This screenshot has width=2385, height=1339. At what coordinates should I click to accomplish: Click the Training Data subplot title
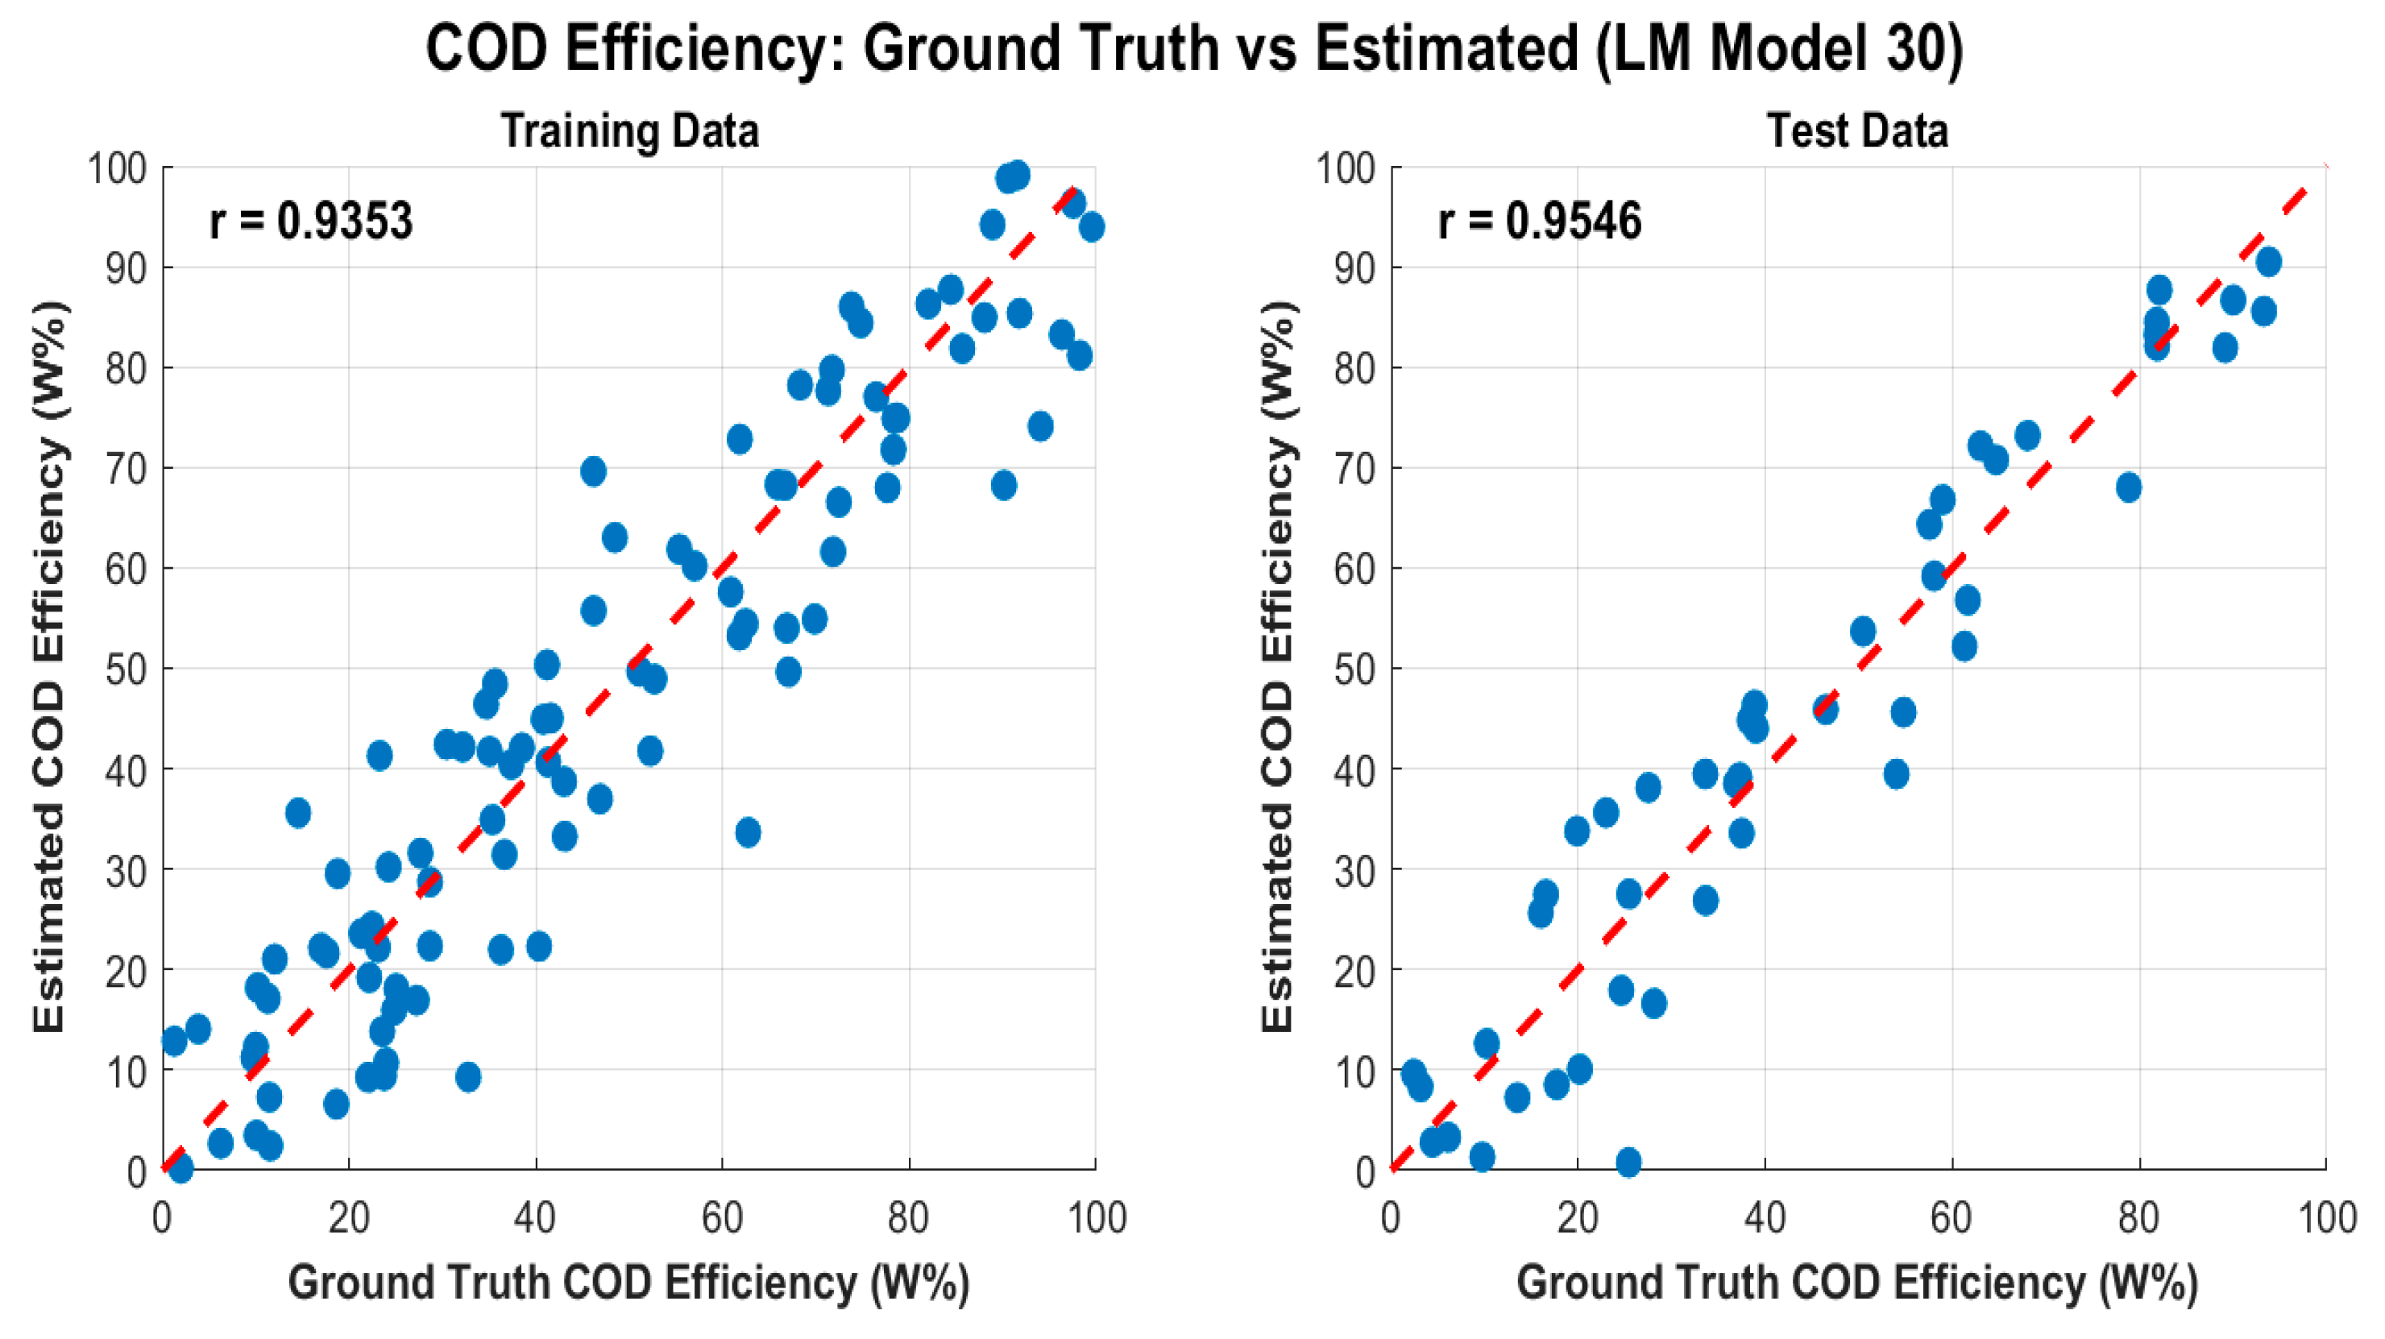point(629,131)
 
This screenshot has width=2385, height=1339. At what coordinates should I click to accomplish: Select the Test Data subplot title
point(1857,131)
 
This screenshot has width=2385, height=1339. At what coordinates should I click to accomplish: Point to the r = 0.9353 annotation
point(311,222)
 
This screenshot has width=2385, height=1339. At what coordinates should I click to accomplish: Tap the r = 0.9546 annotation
point(1540,222)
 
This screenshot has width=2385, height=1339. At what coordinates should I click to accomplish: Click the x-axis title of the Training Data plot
point(628,1283)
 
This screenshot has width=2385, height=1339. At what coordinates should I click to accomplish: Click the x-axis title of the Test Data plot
point(1857,1283)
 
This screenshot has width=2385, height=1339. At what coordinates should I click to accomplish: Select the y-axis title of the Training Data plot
point(50,667)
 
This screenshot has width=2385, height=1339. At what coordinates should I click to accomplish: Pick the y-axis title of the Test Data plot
point(1279,667)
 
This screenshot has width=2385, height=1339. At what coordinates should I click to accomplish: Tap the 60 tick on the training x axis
point(722,1217)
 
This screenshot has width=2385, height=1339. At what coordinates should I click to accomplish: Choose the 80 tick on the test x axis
point(2138,1217)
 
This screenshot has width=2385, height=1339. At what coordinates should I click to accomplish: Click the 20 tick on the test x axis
point(1578,1217)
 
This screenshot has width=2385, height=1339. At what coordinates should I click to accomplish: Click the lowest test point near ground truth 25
point(1628,1162)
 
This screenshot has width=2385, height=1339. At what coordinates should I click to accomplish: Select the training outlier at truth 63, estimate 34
point(748,832)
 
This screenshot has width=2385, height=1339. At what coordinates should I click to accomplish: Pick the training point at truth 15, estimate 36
point(298,813)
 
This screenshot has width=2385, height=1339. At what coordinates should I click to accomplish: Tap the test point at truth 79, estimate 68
point(2129,487)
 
